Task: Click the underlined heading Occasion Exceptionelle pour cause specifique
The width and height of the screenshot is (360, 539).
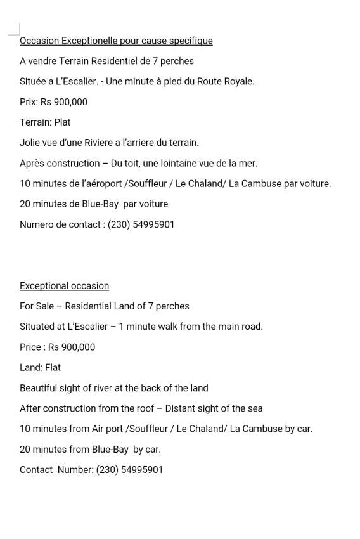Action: [116, 41]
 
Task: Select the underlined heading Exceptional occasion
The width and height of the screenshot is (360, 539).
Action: [64, 286]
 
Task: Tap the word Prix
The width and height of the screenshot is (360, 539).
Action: [28, 102]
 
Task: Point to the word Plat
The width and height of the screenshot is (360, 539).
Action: [62, 122]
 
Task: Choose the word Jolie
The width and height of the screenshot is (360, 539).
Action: [29, 143]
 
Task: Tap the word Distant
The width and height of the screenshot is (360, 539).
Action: [181, 408]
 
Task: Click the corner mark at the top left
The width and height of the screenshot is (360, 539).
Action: [15, 29]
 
